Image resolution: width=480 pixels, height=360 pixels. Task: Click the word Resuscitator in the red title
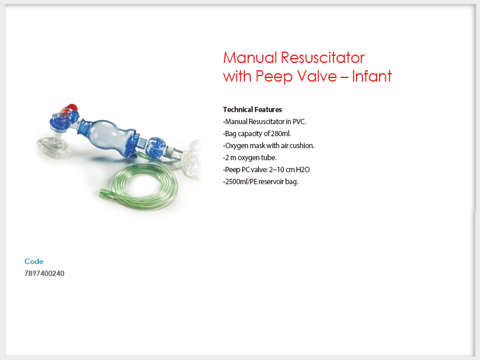click(323, 58)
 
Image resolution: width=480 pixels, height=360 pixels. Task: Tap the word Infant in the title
click(371, 76)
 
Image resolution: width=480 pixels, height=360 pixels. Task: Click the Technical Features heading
click(253, 110)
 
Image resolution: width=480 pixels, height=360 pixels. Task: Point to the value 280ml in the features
click(281, 133)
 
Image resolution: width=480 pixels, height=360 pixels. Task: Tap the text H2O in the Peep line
click(303, 170)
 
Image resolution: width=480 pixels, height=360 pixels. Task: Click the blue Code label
click(34, 262)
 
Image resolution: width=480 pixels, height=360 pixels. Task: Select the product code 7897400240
click(44, 274)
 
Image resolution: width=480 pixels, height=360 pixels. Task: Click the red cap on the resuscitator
click(71, 108)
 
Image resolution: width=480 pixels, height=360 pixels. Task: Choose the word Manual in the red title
click(250, 58)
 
